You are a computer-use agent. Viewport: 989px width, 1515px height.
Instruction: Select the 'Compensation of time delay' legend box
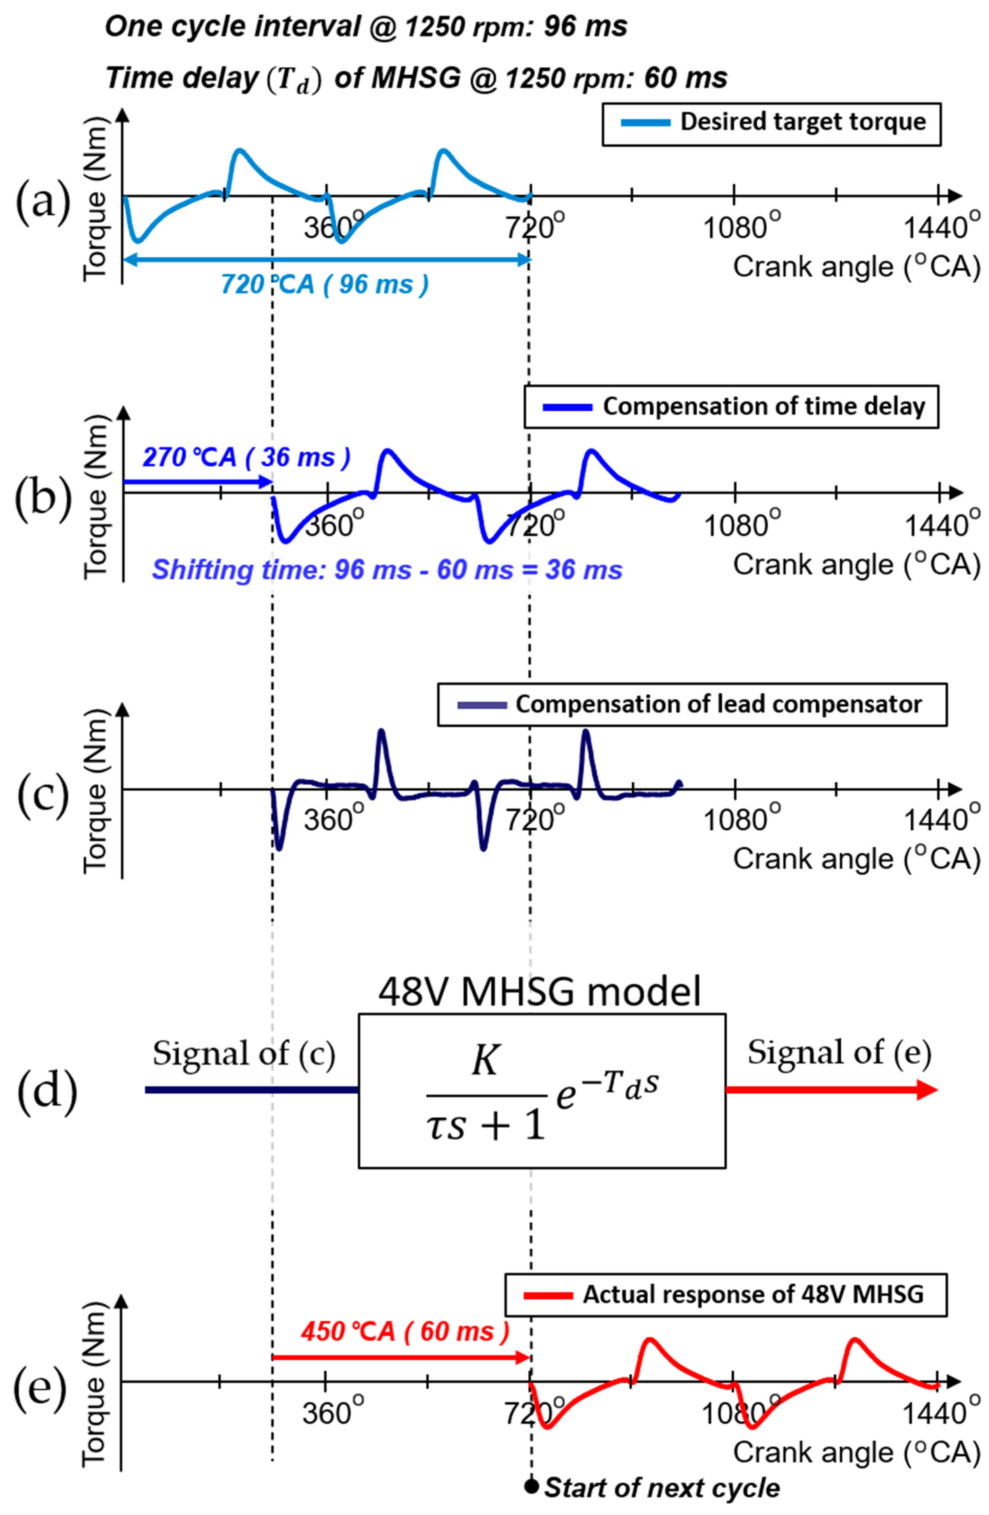tap(730, 406)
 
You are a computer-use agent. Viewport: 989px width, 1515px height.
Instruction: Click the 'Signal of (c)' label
tap(244, 1054)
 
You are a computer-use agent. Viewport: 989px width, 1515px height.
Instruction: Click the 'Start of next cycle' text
tap(662, 1488)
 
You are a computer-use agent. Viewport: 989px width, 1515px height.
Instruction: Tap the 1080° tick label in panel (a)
tap(740, 227)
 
